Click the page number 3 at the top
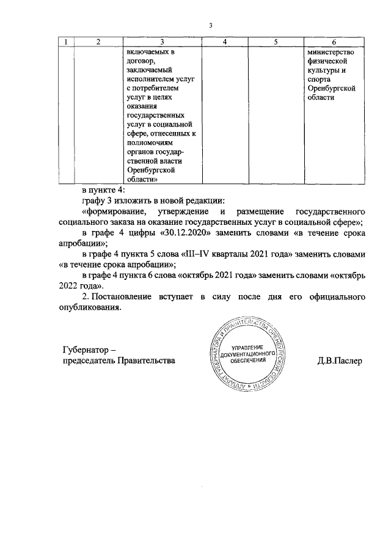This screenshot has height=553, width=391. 210,25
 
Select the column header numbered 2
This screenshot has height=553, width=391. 98,42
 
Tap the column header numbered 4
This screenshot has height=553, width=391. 225,42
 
